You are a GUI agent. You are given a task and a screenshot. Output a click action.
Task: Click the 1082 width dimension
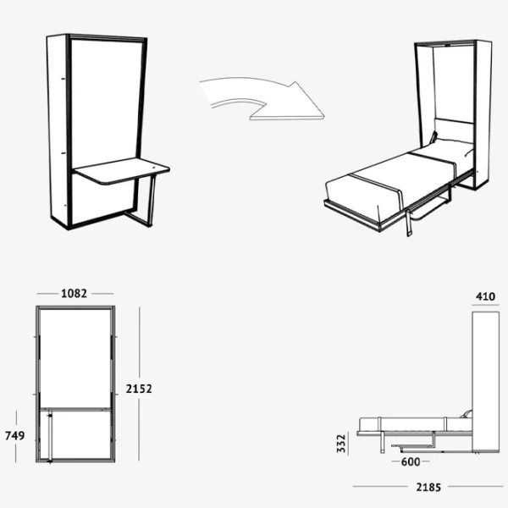(x=74, y=294)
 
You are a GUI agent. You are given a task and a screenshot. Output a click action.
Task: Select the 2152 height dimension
(x=139, y=389)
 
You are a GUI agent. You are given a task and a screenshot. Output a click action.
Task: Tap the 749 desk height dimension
(x=15, y=436)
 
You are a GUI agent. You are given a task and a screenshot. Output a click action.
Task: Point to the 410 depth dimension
(x=485, y=296)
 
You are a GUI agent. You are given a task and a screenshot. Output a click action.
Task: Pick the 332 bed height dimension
(x=341, y=443)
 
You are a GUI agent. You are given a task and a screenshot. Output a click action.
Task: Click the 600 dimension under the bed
(x=411, y=461)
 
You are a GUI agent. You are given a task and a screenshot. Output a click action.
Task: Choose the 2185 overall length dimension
(x=428, y=488)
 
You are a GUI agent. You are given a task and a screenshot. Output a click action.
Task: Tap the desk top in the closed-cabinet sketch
(x=120, y=171)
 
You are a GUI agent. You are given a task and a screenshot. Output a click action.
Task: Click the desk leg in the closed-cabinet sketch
(x=152, y=201)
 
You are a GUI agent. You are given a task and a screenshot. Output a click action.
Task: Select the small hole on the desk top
(x=153, y=168)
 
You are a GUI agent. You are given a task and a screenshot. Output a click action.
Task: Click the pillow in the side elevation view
(x=467, y=414)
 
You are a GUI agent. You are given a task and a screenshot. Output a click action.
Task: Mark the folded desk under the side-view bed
(x=414, y=446)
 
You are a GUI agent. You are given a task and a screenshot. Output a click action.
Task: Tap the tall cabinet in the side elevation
(x=485, y=382)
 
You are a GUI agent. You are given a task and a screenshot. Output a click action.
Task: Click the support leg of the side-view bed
(x=383, y=442)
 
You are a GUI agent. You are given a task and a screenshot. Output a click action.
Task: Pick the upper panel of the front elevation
(x=75, y=357)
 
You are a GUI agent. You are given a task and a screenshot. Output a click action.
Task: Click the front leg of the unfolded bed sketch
(x=409, y=223)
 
